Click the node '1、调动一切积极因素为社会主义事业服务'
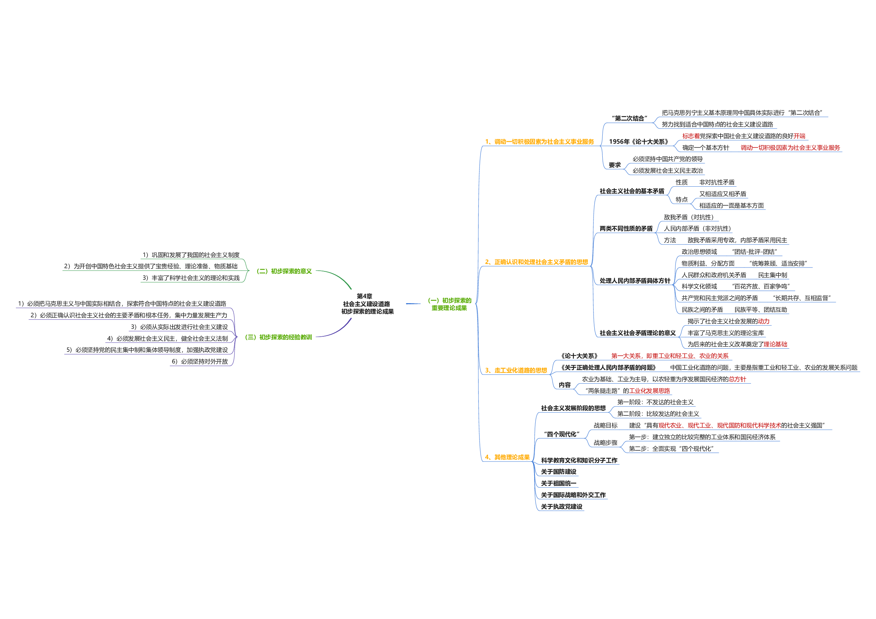(x=539, y=142)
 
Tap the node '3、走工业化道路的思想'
(x=516, y=370)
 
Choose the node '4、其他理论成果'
(x=507, y=457)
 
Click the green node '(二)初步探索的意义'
(x=284, y=271)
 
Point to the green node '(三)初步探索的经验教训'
(x=278, y=337)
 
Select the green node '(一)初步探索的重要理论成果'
(x=449, y=304)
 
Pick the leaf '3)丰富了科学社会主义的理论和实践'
(x=191, y=278)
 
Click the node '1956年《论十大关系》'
(x=638, y=142)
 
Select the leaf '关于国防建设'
(x=558, y=472)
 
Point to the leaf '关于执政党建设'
(x=561, y=506)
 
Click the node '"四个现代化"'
(x=562, y=434)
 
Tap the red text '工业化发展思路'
(x=649, y=391)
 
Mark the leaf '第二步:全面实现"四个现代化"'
(x=671, y=449)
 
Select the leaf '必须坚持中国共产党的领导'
(x=667, y=159)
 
